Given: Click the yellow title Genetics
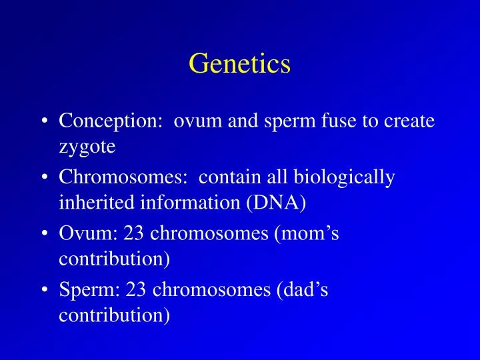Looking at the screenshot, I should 240,64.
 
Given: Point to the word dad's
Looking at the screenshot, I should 304,290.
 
